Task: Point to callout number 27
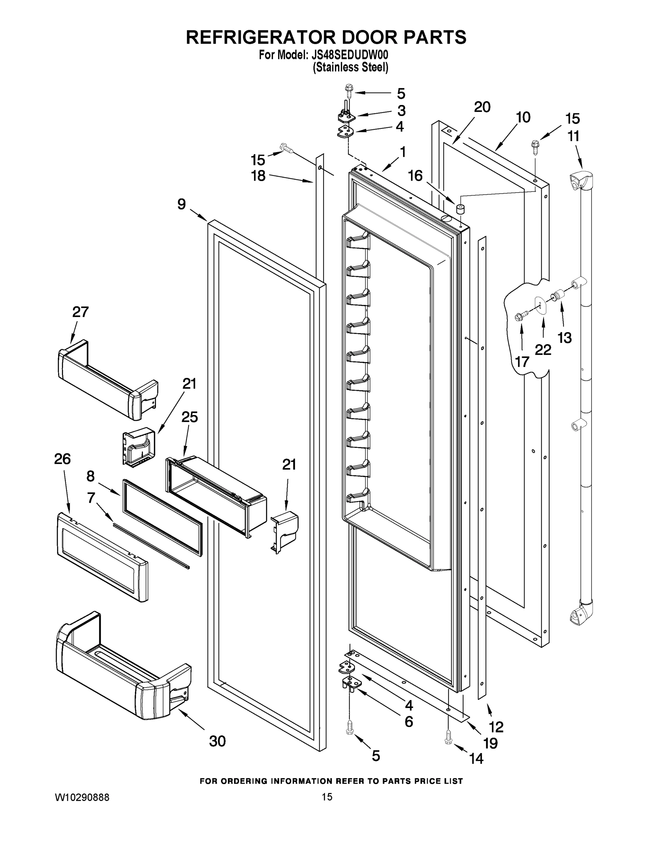81,312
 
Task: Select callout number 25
189,417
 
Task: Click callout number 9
181,204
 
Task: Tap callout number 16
415,176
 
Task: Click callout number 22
543,350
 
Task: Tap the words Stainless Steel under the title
350,67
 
